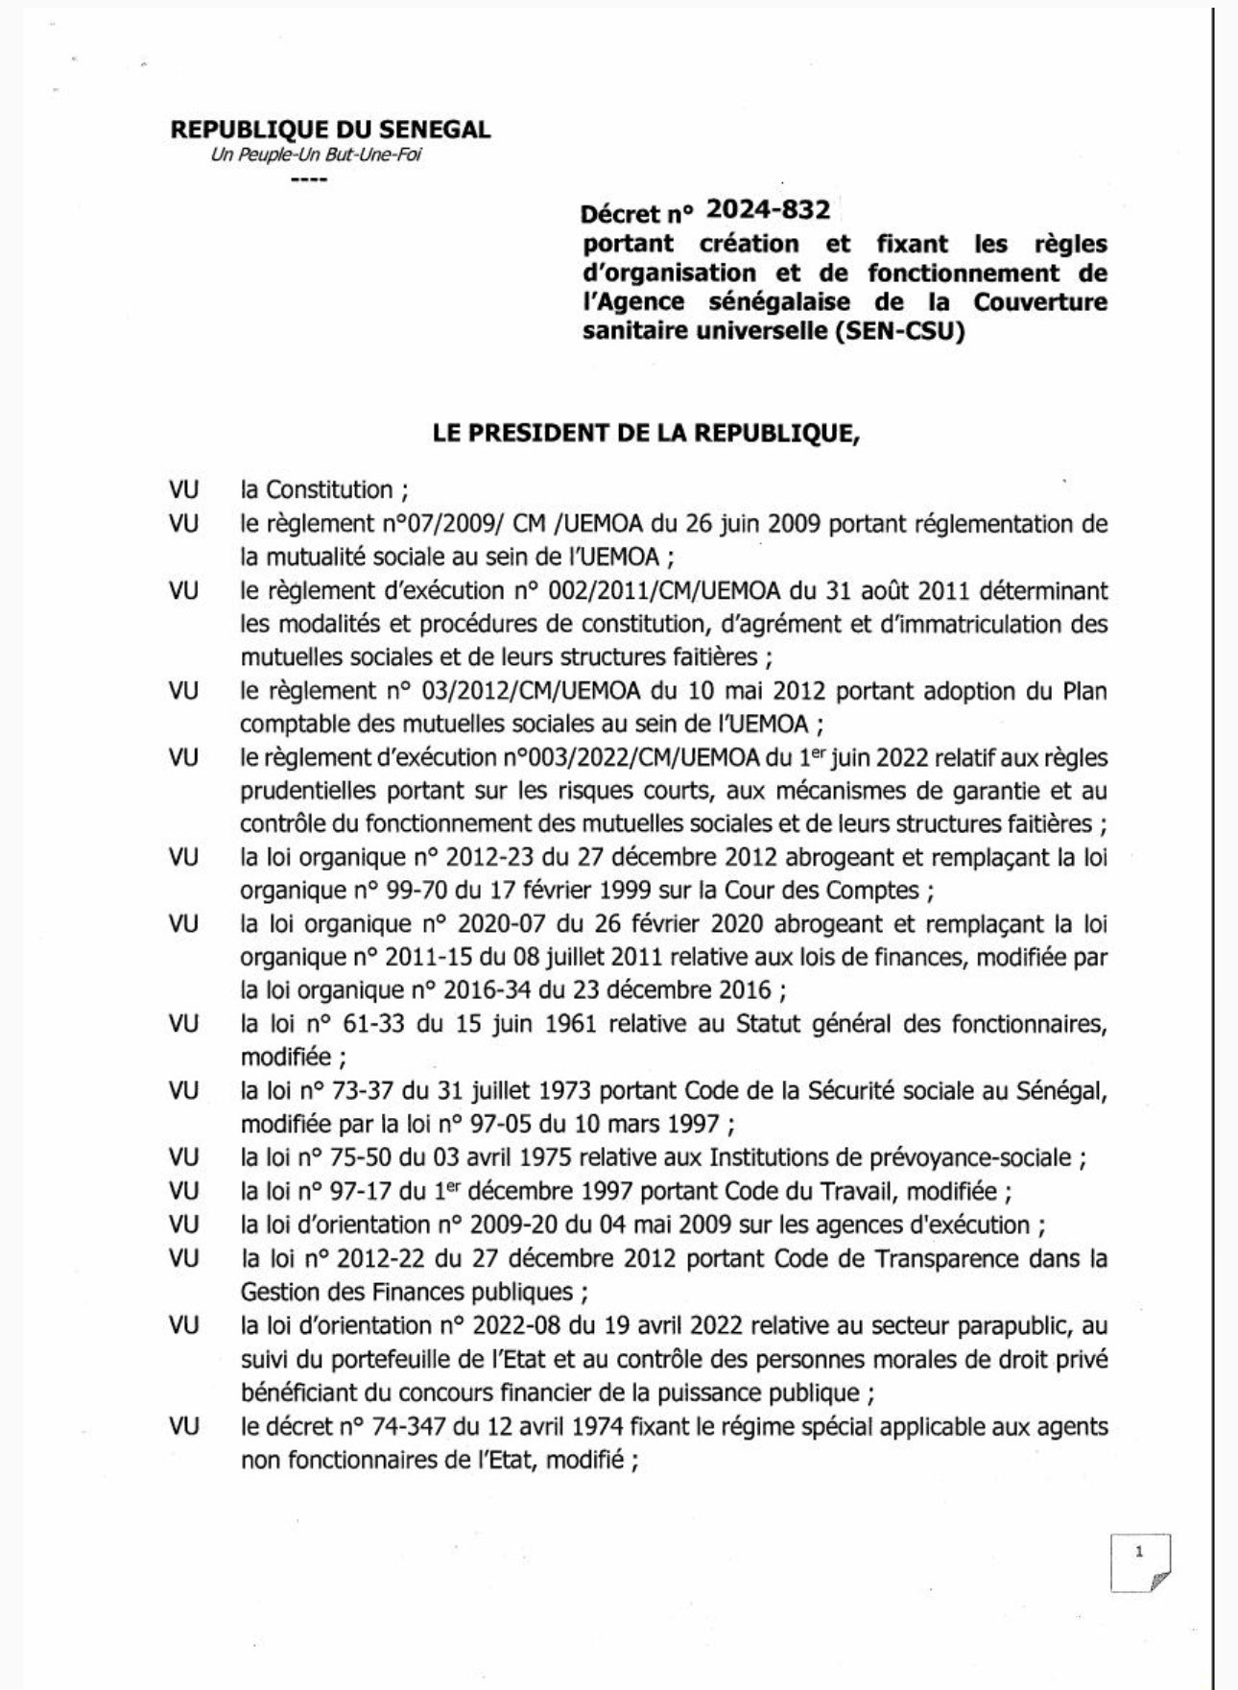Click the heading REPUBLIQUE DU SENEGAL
[x=330, y=130]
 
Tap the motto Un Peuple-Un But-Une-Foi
[x=316, y=155]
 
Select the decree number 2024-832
[x=768, y=208]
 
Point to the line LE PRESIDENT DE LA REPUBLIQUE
[x=647, y=433]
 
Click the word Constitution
[x=329, y=489]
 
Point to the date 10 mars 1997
[x=640, y=1123]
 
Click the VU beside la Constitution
[x=184, y=489]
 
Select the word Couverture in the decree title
[x=1040, y=301]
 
